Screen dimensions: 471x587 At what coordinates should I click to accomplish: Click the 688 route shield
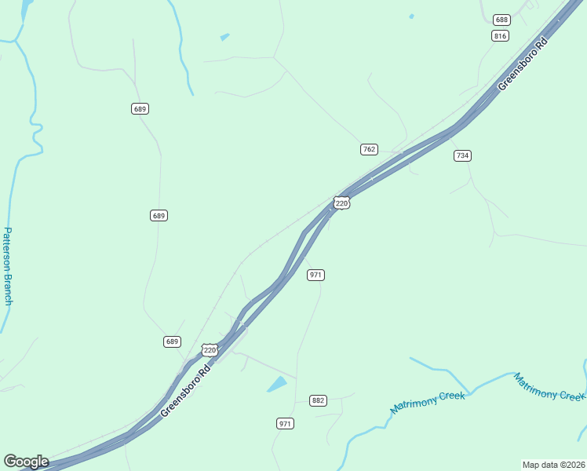[x=501, y=19]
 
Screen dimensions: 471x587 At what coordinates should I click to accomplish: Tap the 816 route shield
[x=501, y=36]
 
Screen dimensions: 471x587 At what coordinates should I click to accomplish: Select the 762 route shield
[x=369, y=149]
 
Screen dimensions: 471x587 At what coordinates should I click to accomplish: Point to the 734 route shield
[x=462, y=155]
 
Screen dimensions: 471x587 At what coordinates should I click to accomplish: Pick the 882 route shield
[x=318, y=400]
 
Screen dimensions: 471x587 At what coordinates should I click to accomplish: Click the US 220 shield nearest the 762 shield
[x=341, y=203]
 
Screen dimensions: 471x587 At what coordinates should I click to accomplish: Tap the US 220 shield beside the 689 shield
[x=209, y=350]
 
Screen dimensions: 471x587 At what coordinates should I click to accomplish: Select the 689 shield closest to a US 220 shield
[x=173, y=341]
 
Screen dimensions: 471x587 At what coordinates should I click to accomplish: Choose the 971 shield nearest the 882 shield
[x=285, y=424]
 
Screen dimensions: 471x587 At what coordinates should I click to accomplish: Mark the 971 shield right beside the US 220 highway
[x=316, y=275]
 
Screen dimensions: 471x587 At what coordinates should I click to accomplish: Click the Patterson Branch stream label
[x=8, y=267]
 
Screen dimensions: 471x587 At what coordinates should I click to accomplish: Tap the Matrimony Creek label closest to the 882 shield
[x=428, y=401]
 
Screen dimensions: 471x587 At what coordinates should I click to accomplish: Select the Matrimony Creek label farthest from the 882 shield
[x=549, y=386]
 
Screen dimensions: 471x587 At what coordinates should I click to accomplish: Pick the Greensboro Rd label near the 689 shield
[x=186, y=390]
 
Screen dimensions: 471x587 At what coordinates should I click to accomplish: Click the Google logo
[x=26, y=462]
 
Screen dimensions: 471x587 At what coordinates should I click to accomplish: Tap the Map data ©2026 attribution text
[x=553, y=464]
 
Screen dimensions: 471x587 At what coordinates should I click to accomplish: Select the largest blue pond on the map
[x=277, y=384]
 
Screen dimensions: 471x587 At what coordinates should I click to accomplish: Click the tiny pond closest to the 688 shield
[x=411, y=16]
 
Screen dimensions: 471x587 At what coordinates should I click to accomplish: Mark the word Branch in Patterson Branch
[x=7, y=287]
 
